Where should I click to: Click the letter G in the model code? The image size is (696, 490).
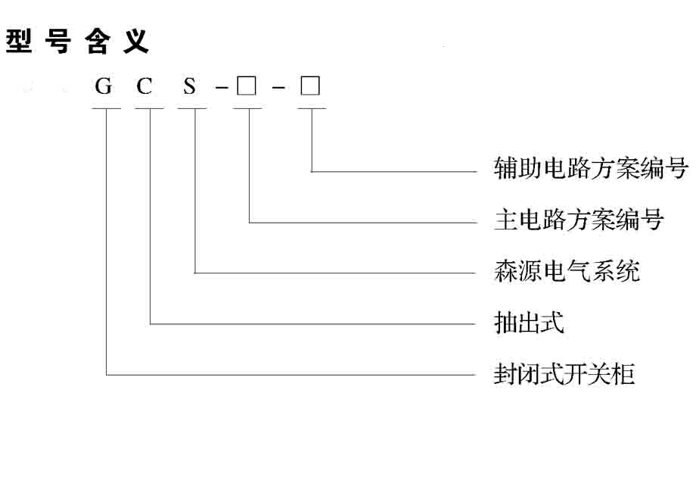pos(104,87)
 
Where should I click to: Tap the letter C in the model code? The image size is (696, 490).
pos(144,87)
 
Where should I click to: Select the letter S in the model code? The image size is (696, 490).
pos(189,87)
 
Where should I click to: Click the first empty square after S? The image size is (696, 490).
pos(246,86)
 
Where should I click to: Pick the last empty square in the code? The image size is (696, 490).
pos(310,86)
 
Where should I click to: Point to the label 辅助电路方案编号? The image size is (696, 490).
pos(590,168)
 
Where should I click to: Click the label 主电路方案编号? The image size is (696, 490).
pos(579,220)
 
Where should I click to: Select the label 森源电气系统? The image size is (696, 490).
pos(567,271)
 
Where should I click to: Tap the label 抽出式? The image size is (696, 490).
pos(529,323)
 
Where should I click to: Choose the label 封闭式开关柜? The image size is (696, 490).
pos(564,374)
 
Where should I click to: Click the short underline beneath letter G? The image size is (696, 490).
pos(106,109)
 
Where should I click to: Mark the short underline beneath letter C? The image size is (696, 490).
pos(150,109)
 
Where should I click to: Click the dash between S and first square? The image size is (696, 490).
pos(222,90)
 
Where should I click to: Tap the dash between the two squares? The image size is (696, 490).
pos(279,90)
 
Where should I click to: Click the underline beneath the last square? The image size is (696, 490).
pos(311,109)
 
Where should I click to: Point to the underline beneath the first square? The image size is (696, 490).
pos(247,109)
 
